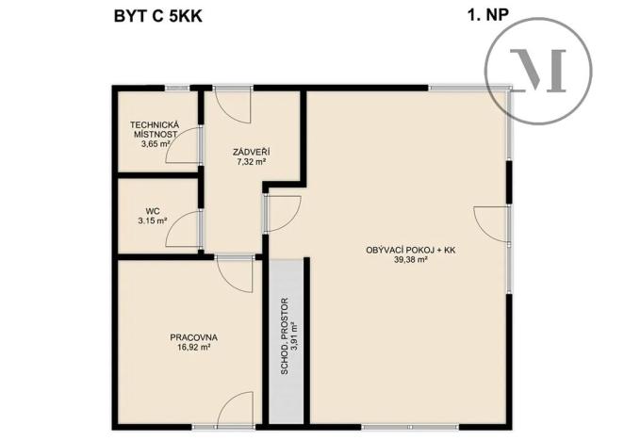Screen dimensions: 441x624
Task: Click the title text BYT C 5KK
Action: point(156,15)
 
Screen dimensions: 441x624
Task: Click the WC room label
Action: point(151,211)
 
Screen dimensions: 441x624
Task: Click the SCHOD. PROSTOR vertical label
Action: point(285,337)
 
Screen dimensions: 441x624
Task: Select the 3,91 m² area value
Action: point(295,337)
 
